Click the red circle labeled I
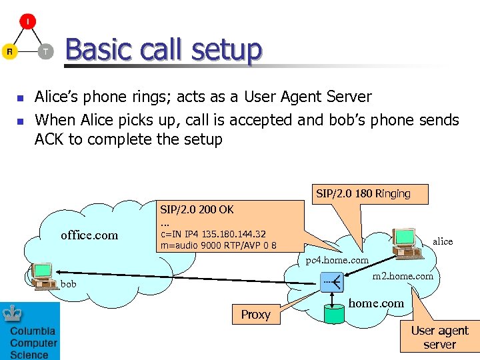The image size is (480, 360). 27,21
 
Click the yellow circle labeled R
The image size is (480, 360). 9,51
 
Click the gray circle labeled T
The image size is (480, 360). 45,51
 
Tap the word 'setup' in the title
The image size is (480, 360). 228,50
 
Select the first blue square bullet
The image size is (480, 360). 20,99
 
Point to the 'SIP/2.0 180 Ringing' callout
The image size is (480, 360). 363,193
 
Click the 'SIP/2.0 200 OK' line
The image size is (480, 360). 197,209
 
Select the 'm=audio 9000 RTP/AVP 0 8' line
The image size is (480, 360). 218,245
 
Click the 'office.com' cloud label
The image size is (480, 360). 89,235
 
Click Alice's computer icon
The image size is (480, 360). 405,243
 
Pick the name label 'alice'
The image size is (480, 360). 443,241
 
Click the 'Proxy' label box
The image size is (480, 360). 255,315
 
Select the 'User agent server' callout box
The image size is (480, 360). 439,337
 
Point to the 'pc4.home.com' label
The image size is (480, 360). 337,260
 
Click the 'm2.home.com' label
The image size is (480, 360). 402,276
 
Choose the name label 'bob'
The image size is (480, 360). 68,284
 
